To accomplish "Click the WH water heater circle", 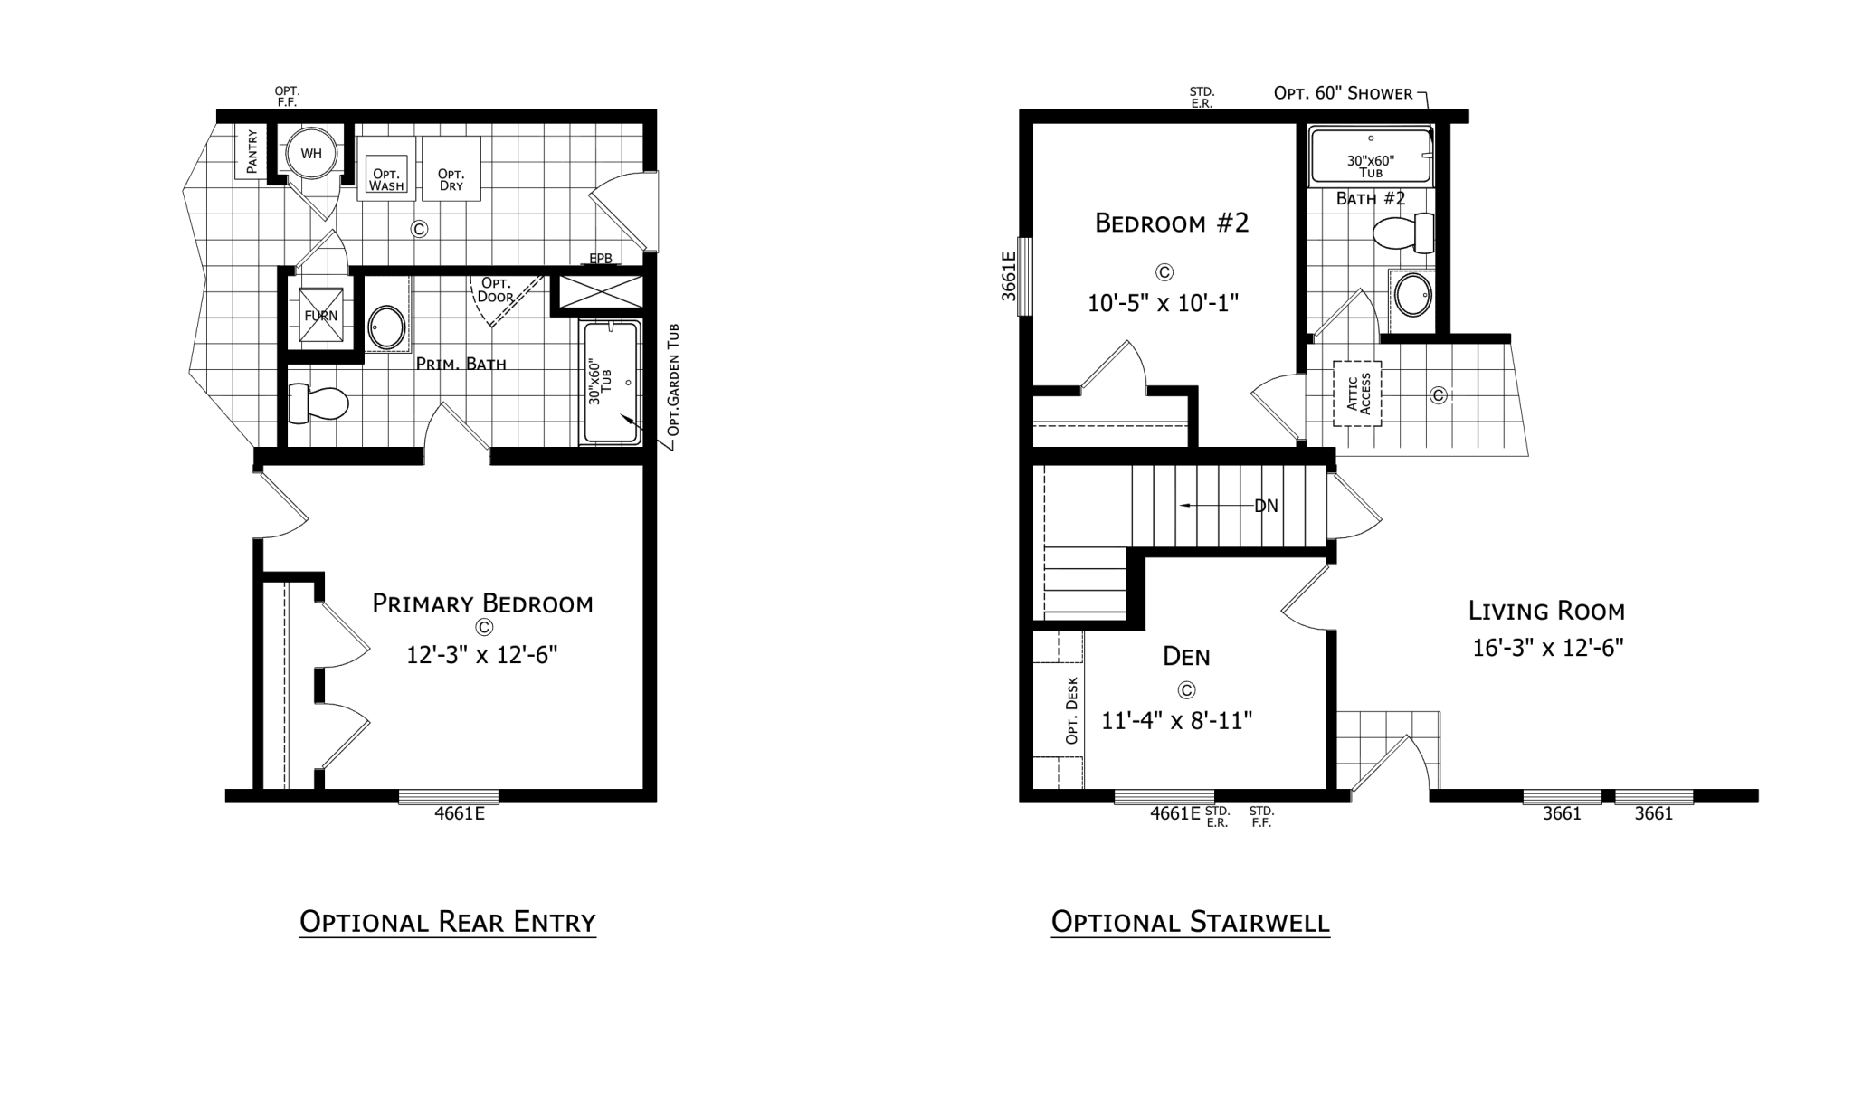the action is [310, 153].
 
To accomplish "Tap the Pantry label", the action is [252, 152].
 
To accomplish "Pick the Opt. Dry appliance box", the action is [451, 167].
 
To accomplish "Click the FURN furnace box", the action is [321, 315].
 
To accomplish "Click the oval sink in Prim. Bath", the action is [387, 327].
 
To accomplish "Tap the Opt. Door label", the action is [497, 289].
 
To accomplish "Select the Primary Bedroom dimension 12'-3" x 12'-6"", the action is [481, 654].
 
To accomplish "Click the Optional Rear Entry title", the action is [448, 922].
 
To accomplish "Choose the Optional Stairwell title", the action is [1190, 922].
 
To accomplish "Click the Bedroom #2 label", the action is [1172, 223].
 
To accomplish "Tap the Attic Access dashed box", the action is [1357, 394].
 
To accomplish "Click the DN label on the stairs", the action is [1266, 506].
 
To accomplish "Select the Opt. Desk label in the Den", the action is [1072, 711].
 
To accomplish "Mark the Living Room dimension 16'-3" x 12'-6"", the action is [1548, 648].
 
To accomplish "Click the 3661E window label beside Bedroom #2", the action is [1009, 276].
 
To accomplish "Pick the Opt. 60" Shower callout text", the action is [1343, 93].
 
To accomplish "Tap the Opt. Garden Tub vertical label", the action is [672, 380].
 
